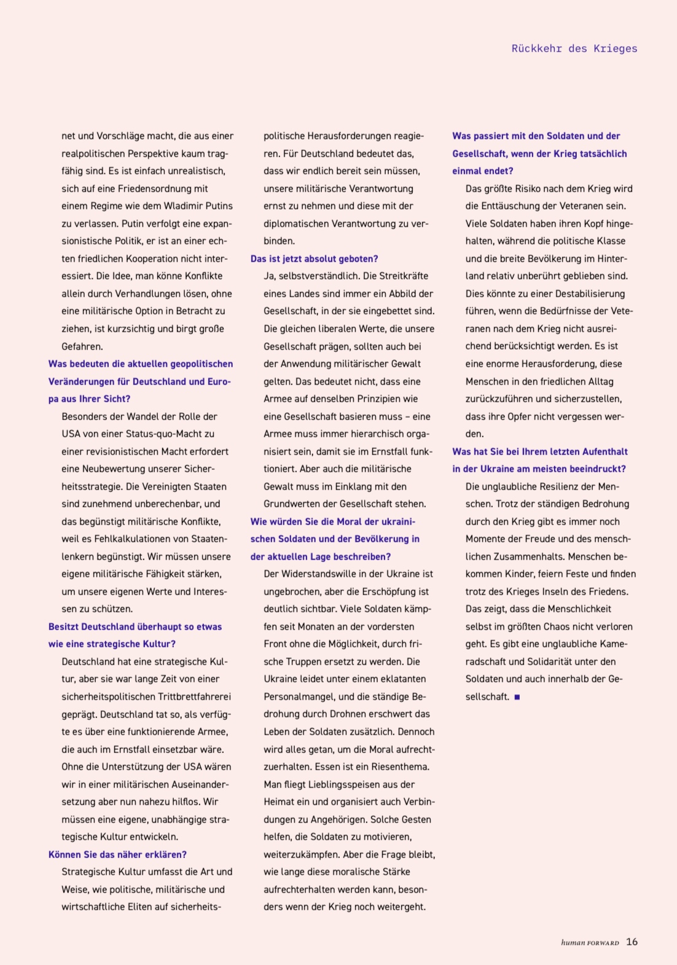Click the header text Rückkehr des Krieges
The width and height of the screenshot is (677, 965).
[574, 49]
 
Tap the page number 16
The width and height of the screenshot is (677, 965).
[632, 942]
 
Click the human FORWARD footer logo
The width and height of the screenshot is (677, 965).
[589, 943]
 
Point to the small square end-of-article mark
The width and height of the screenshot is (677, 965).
[517, 697]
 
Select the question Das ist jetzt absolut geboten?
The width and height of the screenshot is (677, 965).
[314, 259]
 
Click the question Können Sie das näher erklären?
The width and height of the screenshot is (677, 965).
[117, 854]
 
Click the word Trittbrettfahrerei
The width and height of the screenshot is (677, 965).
[195, 697]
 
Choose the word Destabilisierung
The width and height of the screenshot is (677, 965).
[581, 294]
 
